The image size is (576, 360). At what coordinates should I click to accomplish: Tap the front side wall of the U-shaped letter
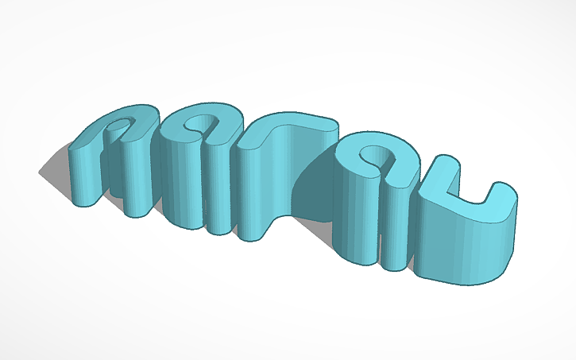461,254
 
